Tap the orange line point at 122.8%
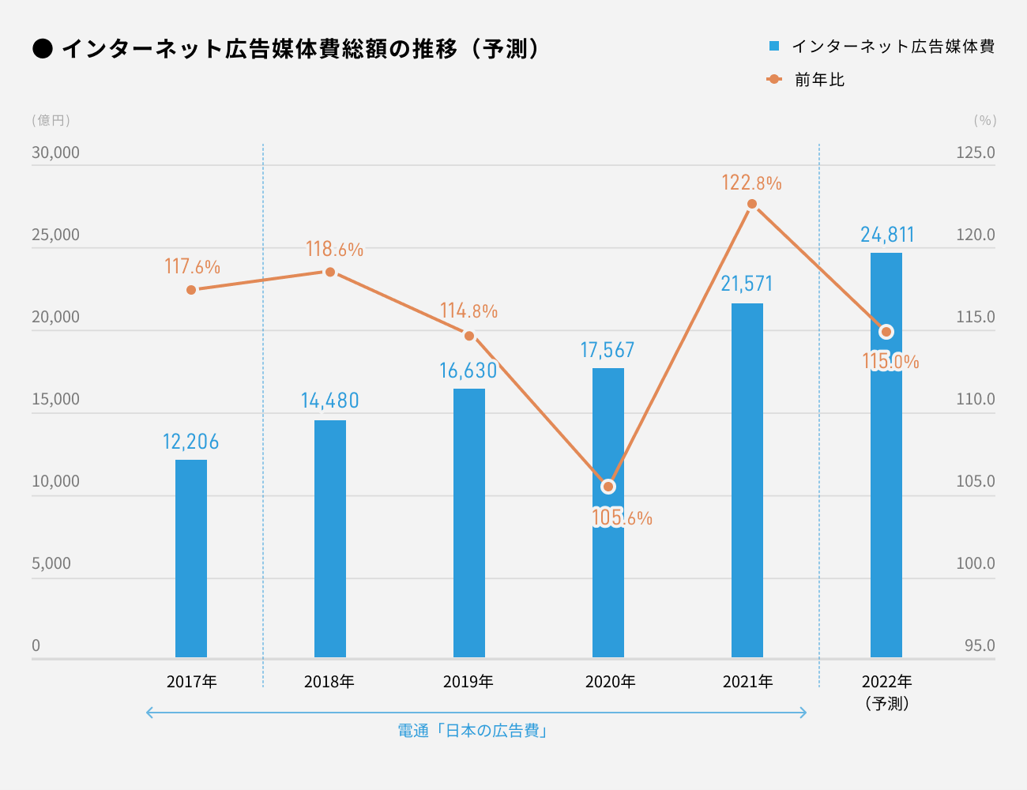[x=752, y=204]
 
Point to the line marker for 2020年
[x=608, y=487]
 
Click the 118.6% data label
[x=334, y=250]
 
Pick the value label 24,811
[x=887, y=235]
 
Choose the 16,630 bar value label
[x=468, y=371]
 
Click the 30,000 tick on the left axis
[x=55, y=152]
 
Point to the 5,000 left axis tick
[x=51, y=563]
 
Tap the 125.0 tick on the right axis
[x=976, y=152]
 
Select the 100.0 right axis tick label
[x=976, y=563]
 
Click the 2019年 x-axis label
[x=468, y=681]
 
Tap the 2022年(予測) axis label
[x=887, y=691]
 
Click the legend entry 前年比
[x=819, y=80]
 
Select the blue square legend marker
[x=774, y=47]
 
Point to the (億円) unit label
[x=51, y=120]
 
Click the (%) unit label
[x=985, y=120]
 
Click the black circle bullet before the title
[x=43, y=49]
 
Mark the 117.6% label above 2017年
[x=192, y=267]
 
